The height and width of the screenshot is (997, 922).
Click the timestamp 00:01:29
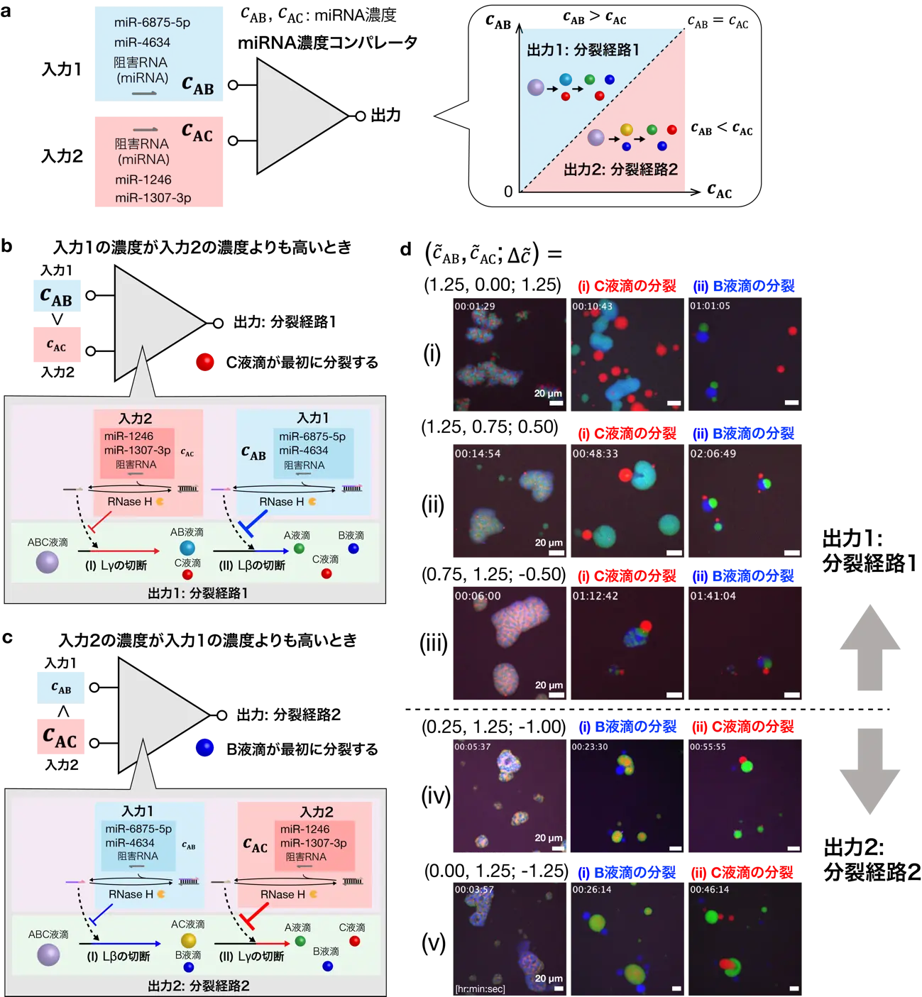[475, 307]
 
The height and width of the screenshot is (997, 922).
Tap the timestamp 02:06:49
[713, 453]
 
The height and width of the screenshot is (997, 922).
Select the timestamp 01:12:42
[595, 596]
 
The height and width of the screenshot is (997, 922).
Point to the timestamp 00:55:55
[708, 747]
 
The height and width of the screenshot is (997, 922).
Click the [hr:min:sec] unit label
[481, 988]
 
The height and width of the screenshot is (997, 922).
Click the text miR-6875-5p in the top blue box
[152, 23]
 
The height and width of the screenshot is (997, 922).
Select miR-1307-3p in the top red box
[153, 198]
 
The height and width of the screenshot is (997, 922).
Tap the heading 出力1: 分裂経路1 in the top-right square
[583, 50]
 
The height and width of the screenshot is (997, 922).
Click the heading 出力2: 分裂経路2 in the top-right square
[620, 170]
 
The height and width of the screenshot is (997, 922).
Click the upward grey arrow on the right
[870, 646]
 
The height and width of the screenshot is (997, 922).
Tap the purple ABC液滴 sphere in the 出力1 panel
[48, 562]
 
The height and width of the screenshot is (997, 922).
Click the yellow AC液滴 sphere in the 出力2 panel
[188, 941]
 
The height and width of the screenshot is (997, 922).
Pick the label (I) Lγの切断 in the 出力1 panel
[116, 566]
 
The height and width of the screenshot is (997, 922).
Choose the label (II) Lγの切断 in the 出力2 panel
[251, 957]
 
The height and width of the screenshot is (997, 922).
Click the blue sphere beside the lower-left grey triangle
[204, 747]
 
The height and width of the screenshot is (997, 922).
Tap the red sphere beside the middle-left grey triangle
[205, 361]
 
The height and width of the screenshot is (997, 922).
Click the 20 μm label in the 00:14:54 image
[549, 543]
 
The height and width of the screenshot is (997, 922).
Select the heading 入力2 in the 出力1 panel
[136, 418]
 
